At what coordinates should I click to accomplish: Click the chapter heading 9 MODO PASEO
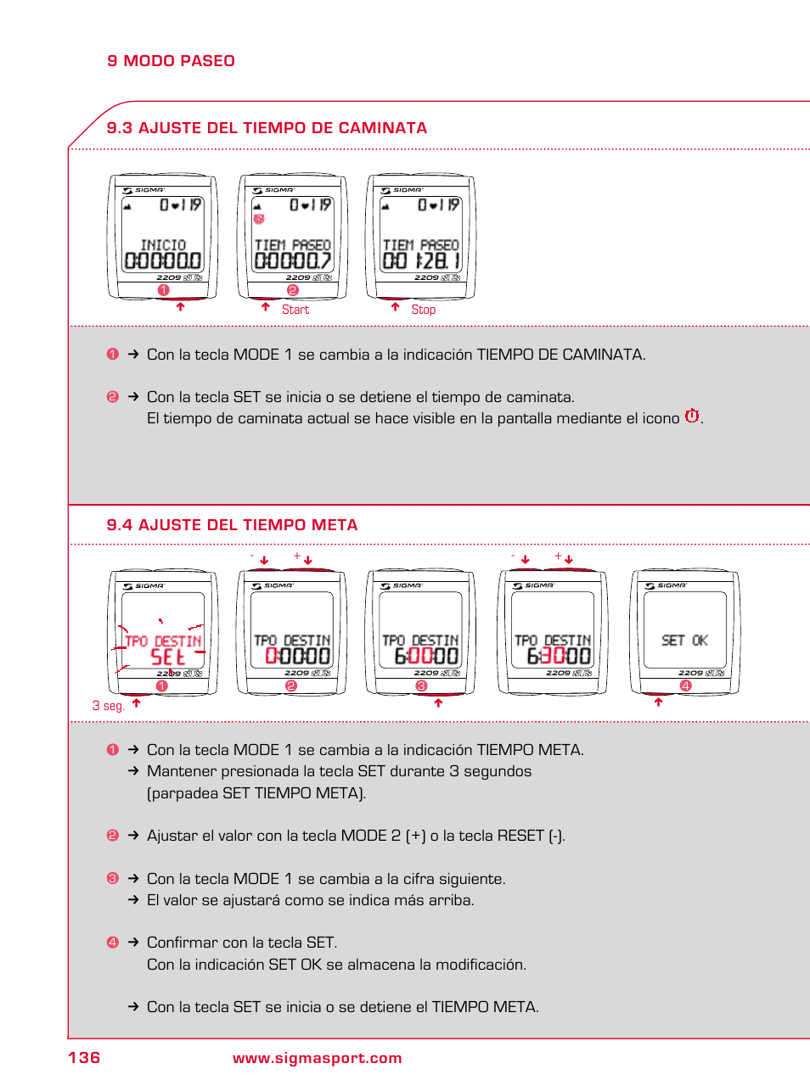click(x=171, y=61)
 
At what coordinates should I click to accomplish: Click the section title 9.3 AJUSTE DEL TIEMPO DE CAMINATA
click(x=267, y=128)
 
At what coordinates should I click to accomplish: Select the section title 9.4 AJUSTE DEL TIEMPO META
click(x=232, y=525)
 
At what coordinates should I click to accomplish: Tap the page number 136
click(x=84, y=1057)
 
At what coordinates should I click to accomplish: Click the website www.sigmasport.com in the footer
click(x=317, y=1058)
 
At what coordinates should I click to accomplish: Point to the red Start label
click(x=295, y=310)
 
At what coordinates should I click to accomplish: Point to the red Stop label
click(x=423, y=310)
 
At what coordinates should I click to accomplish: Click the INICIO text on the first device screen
click(x=163, y=245)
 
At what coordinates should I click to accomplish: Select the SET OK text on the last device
click(x=684, y=641)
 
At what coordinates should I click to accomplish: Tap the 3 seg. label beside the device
click(x=108, y=706)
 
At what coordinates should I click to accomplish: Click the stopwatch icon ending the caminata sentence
click(x=692, y=416)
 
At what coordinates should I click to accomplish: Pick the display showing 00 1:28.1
click(x=421, y=260)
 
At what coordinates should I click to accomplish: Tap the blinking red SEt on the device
click(x=167, y=657)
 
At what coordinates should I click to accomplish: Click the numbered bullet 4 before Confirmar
click(x=113, y=943)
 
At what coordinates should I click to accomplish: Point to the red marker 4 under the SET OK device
click(x=685, y=685)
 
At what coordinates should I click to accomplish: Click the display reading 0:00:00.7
click(x=292, y=260)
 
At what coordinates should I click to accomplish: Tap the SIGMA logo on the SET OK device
click(x=671, y=585)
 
